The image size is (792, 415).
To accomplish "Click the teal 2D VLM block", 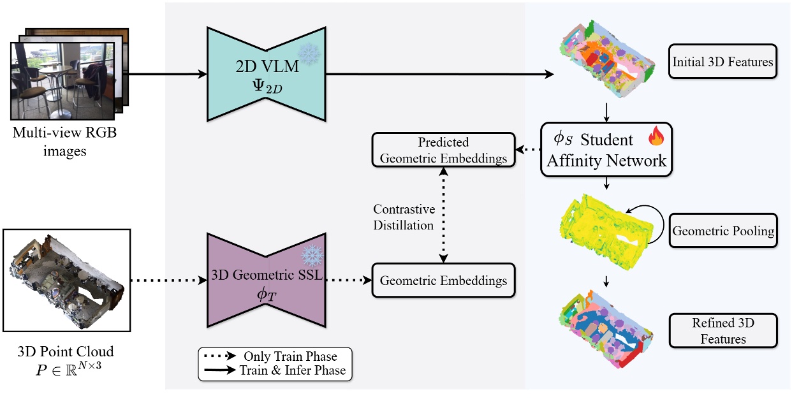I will point(267,74).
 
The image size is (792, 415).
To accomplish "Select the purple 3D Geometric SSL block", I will point(267,280).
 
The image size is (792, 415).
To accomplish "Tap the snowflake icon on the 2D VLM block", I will point(310,54).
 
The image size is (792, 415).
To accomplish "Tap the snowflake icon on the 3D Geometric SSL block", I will point(312,256).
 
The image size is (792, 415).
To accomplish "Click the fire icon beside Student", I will point(656,136).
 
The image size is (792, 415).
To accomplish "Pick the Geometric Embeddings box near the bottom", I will point(443,280).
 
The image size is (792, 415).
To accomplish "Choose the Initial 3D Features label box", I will point(722,62).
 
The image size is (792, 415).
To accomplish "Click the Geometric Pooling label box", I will point(722,231).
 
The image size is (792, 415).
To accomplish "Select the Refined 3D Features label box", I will point(722,330).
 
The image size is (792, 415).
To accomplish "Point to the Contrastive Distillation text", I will point(404,217).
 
